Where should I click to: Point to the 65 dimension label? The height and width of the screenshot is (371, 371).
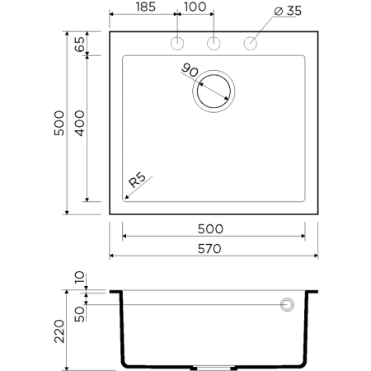79,45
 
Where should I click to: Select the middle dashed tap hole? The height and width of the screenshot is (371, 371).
214,44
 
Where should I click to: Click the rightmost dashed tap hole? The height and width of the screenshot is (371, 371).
250,44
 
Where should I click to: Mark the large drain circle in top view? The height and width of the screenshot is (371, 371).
214,91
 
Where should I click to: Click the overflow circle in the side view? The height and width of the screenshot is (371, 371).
288,305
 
